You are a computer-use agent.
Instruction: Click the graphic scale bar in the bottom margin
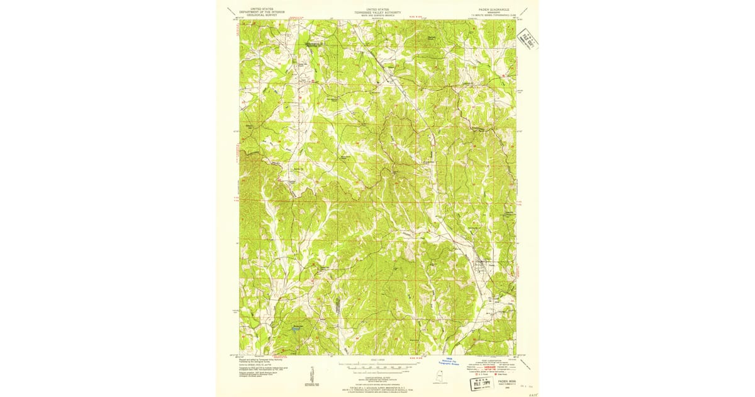pos(377,365)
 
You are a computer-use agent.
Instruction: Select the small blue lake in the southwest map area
pos(296,328)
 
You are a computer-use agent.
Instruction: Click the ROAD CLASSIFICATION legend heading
pos(494,360)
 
